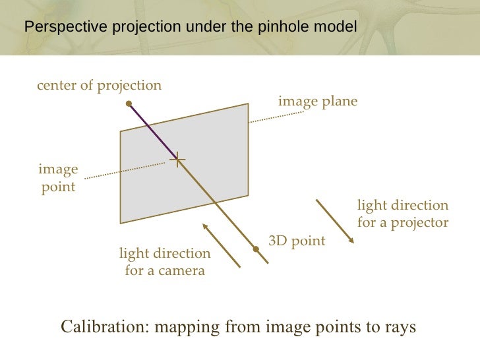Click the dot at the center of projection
point(130,103)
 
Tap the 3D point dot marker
point(256,249)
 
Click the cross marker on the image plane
point(177,159)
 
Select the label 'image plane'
point(318,102)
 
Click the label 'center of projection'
point(99,85)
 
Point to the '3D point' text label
point(297,241)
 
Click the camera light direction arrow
point(221,245)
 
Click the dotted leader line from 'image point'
point(125,169)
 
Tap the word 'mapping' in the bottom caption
point(187,327)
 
